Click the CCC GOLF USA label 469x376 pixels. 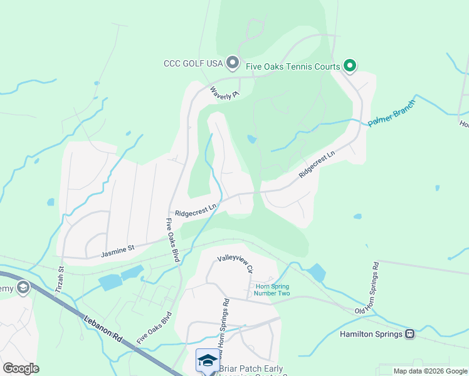(x=193, y=63)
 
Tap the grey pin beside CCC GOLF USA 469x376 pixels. (x=233, y=63)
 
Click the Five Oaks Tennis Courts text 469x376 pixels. (x=293, y=66)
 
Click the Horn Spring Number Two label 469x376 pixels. (x=272, y=290)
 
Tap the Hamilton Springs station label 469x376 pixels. (x=371, y=334)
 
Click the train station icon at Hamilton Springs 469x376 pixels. (x=410, y=334)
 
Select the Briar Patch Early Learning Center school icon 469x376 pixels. (x=208, y=359)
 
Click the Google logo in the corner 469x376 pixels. (x=21, y=368)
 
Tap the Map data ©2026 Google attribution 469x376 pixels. (x=430, y=371)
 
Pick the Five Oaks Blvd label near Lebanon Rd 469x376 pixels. (x=154, y=326)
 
